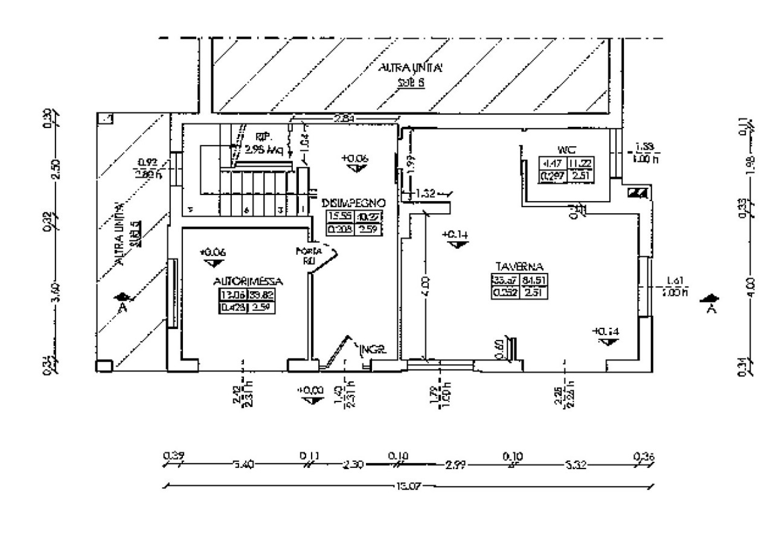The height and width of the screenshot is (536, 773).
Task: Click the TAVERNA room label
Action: click(521, 266)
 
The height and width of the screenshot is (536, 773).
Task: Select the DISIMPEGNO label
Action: click(353, 203)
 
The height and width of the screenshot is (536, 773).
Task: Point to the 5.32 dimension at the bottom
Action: click(575, 465)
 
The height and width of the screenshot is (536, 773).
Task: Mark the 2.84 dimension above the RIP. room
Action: click(344, 118)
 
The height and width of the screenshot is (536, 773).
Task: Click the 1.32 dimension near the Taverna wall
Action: click(426, 194)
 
